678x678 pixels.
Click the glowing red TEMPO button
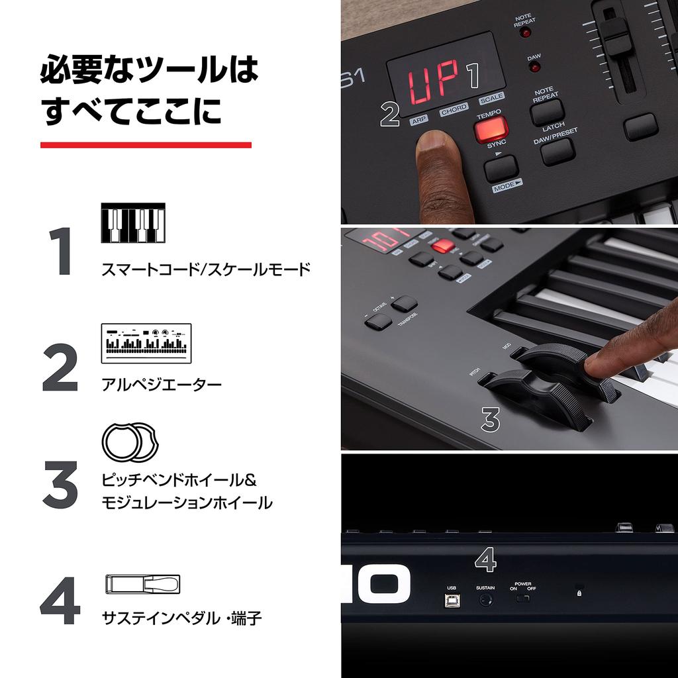(x=491, y=130)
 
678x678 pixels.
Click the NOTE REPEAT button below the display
(x=547, y=112)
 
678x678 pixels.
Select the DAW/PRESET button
(x=557, y=151)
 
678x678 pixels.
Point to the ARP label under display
(x=418, y=121)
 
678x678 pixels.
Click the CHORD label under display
(x=454, y=111)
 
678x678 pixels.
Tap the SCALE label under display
(x=491, y=97)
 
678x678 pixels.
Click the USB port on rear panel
(x=452, y=600)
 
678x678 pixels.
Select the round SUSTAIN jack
(x=485, y=601)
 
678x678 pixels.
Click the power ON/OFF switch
(x=523, y=599)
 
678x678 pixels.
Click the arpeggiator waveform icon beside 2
(x=146, y=342)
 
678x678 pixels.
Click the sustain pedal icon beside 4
(x=143, y=583)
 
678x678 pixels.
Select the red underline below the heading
(x=146, y=144)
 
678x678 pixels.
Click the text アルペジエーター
(x=161, y=384)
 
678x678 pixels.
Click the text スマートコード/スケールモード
(x=205, y=269)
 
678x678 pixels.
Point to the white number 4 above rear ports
(x=485, y=560)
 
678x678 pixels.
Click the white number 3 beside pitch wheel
(x=490, y=419)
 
